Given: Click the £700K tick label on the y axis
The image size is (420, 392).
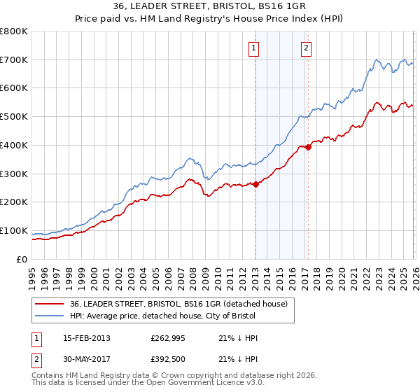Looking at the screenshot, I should click(x=14, y=59).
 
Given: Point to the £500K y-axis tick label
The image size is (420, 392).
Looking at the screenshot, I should click(x=14, y=117).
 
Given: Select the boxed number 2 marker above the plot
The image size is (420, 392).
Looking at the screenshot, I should click(x=307, y=48).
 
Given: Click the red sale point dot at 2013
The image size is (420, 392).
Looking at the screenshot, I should click(x=255, y=184).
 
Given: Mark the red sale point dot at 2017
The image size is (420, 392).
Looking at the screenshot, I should click(x=308, y=147).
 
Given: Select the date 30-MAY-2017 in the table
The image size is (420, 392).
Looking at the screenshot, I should click(x=87, y=358).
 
